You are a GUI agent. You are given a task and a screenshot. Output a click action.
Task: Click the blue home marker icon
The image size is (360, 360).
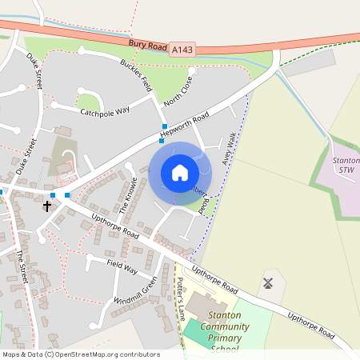pyautogui.click(x=180, y=173)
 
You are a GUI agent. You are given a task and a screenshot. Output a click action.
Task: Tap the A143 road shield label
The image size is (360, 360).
pyautogui.click(x=182, y=50)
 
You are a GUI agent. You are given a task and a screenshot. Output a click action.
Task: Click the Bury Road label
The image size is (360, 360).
pyautogui.click(x=146, y=45)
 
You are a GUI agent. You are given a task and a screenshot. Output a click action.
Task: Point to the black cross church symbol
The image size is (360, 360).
pyautogui.click(x=46, y=206)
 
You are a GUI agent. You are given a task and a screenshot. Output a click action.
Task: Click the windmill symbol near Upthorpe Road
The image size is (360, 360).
pyautogui.click(x=269, y=282)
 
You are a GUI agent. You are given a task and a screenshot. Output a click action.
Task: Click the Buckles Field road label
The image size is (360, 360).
pyautogui.click(x=136, y=74)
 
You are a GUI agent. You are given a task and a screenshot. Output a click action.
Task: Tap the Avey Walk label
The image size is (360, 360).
pyautogui.click(x=230, y=150)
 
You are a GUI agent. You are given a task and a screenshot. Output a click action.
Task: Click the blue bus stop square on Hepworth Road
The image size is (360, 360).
pyautogui.click(x=164, y=127)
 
